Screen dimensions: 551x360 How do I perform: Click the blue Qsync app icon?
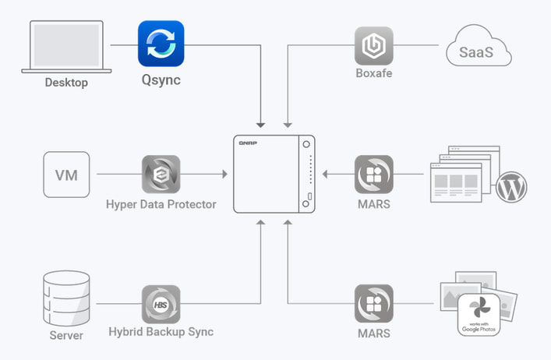pyautogui.click(x=161, y=44)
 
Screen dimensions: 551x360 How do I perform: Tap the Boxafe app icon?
pyautogui.click(x=374, y=46)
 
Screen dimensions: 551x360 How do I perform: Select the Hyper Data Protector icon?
pyautogui.click(x=161, y=175)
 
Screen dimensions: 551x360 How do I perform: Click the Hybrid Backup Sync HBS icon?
pyautogui.click(x=161, y=304)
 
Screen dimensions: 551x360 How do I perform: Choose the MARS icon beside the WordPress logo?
pyautogui.click(x=374, y=175)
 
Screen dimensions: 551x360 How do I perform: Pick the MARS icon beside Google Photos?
pyautogui.click(x=374, y=304)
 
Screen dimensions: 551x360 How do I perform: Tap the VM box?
pyautogui.click(x=66, y=175)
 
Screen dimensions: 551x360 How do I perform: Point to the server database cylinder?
pyautogui.click(x=66, y=298)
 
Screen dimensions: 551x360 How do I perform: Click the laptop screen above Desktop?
pyautogui.click(x=66, y=45)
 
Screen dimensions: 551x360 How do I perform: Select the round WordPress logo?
pyautogui.click(x=511, y=187)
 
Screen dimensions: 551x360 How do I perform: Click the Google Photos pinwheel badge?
pyautogui.click(x=479, y=315)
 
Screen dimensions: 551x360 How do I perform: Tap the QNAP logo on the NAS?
pyautogui.click(x=248, y=143)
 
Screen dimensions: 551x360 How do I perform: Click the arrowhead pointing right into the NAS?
pyautogui.click(x=225, y=175)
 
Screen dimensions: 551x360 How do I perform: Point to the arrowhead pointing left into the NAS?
pyautogui.click(x=325, y=175)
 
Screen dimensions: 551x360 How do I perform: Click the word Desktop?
pyautogui.click(x=66, y=83)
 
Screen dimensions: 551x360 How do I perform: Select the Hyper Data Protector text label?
pyautogui.click(x=161, y=204)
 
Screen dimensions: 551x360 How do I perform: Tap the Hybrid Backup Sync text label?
pyautogui.click(x=161, y=332)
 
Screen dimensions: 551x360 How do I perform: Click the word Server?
pyautogui.click(x=66, y=335)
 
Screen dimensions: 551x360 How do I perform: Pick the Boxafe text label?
pyautogui.click(x=374, y=73)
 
